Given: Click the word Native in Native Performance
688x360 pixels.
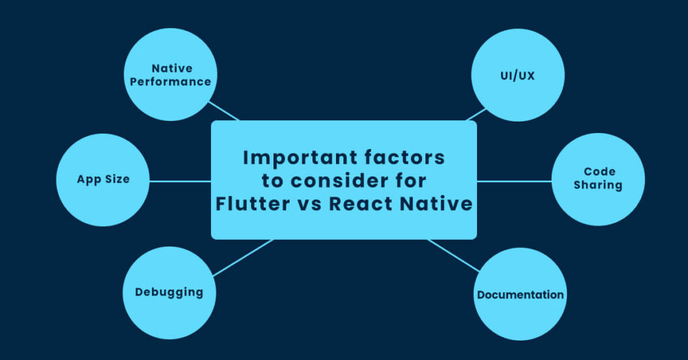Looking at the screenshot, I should click(172, 68).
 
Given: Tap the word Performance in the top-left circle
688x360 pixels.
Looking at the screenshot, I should click(171, 82).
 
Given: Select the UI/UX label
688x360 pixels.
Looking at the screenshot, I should click(517, 76).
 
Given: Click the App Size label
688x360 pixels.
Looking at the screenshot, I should click(103, 180).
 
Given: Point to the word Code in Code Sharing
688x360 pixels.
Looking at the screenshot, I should click(598, 172).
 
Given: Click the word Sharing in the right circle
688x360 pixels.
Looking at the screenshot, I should click(598, 185).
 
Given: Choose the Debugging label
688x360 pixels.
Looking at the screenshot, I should click(169, 292).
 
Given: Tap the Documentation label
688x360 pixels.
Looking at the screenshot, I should click(520, 295).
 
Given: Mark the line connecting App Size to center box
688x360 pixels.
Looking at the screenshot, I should click(180, 181).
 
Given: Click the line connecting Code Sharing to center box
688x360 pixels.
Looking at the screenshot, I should click(514, 181).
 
